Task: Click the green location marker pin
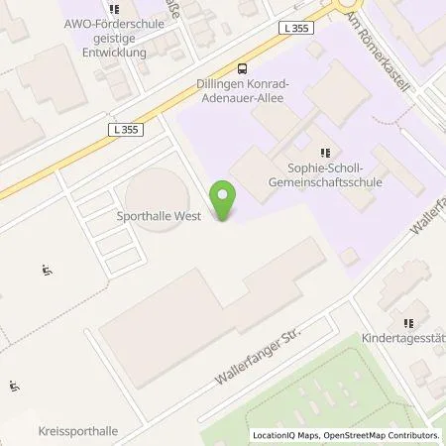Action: [x=225, y=202]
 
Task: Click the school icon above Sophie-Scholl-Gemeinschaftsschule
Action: [x=324, y=153]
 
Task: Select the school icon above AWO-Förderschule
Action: [x=113, y=10]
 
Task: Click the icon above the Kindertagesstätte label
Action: [x=407, y=321]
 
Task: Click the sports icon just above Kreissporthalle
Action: [x=15, y=387]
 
